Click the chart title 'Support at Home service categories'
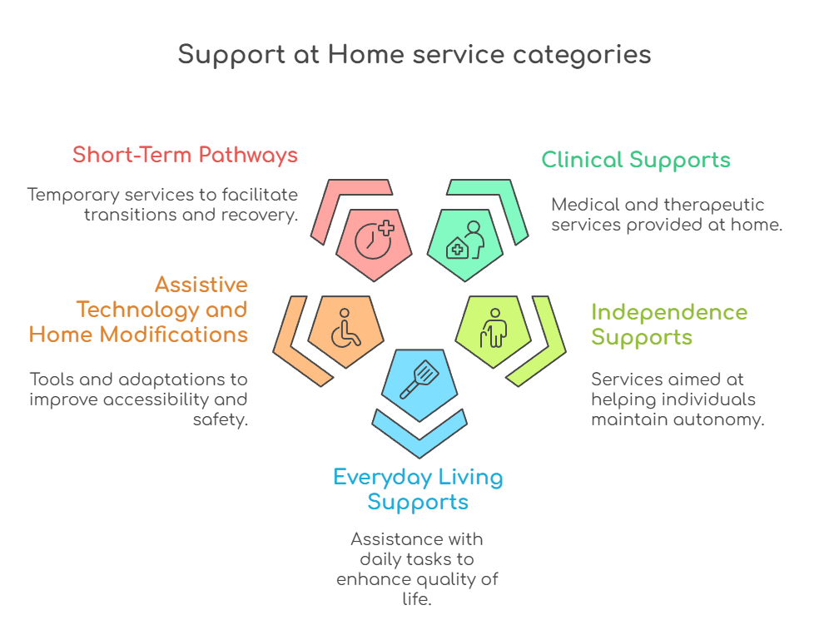[415, 55]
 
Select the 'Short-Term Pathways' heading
[185, 155]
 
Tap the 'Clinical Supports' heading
[636, 160]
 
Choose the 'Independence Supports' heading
[668, 325]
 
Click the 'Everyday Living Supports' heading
[418, 489]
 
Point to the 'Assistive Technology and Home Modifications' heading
[139, 310]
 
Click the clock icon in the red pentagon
[374, 238]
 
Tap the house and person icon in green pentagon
[464, 241]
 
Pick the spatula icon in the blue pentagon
[419, 379]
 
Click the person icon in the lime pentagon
[492, 329]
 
